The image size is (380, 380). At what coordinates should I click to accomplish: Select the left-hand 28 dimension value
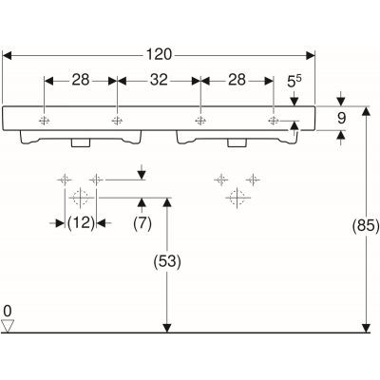point(82,81)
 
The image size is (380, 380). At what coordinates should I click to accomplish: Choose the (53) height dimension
point(167,258)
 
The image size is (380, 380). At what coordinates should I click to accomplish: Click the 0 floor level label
point(8,311)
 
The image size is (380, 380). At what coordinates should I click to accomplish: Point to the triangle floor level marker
point(9,326)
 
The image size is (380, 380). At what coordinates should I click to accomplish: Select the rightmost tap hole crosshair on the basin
point(273,121)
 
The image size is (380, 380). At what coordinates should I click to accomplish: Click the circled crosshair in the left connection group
point(80,197)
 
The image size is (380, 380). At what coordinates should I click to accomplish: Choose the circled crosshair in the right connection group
point(237,197)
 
